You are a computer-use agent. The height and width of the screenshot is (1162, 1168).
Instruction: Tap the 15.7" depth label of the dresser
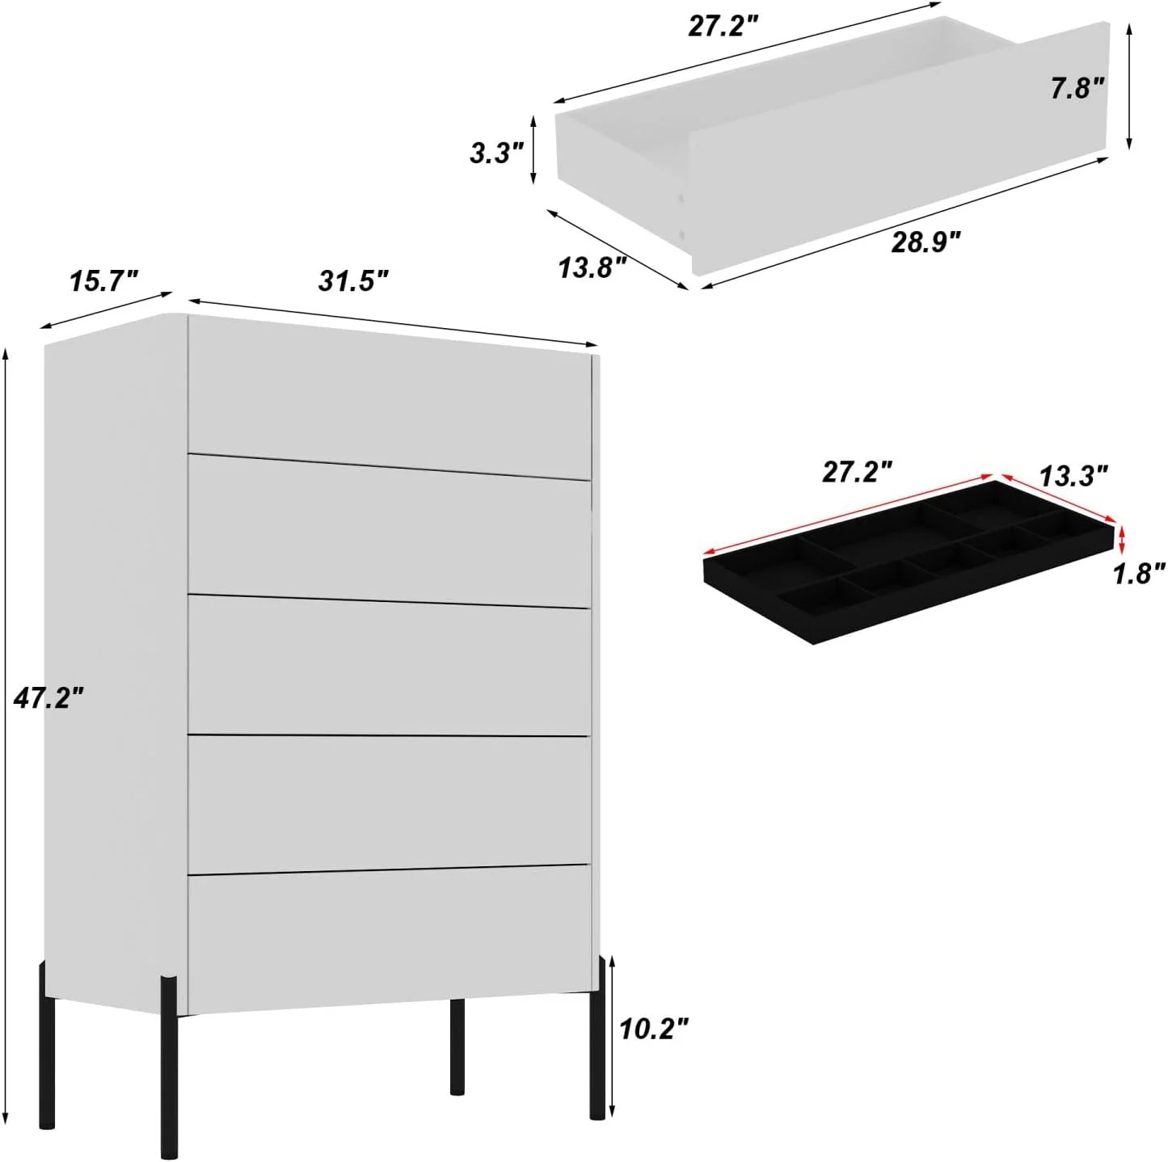103,281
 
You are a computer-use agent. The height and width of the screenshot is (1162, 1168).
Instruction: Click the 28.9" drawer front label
926,241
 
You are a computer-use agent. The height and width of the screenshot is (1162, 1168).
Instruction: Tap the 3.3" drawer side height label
497,152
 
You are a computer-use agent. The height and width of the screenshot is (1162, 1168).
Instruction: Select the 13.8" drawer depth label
592,267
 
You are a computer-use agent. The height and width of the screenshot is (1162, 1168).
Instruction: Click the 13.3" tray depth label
1073,476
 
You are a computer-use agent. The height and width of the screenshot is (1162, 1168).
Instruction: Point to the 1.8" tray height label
1139,574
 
